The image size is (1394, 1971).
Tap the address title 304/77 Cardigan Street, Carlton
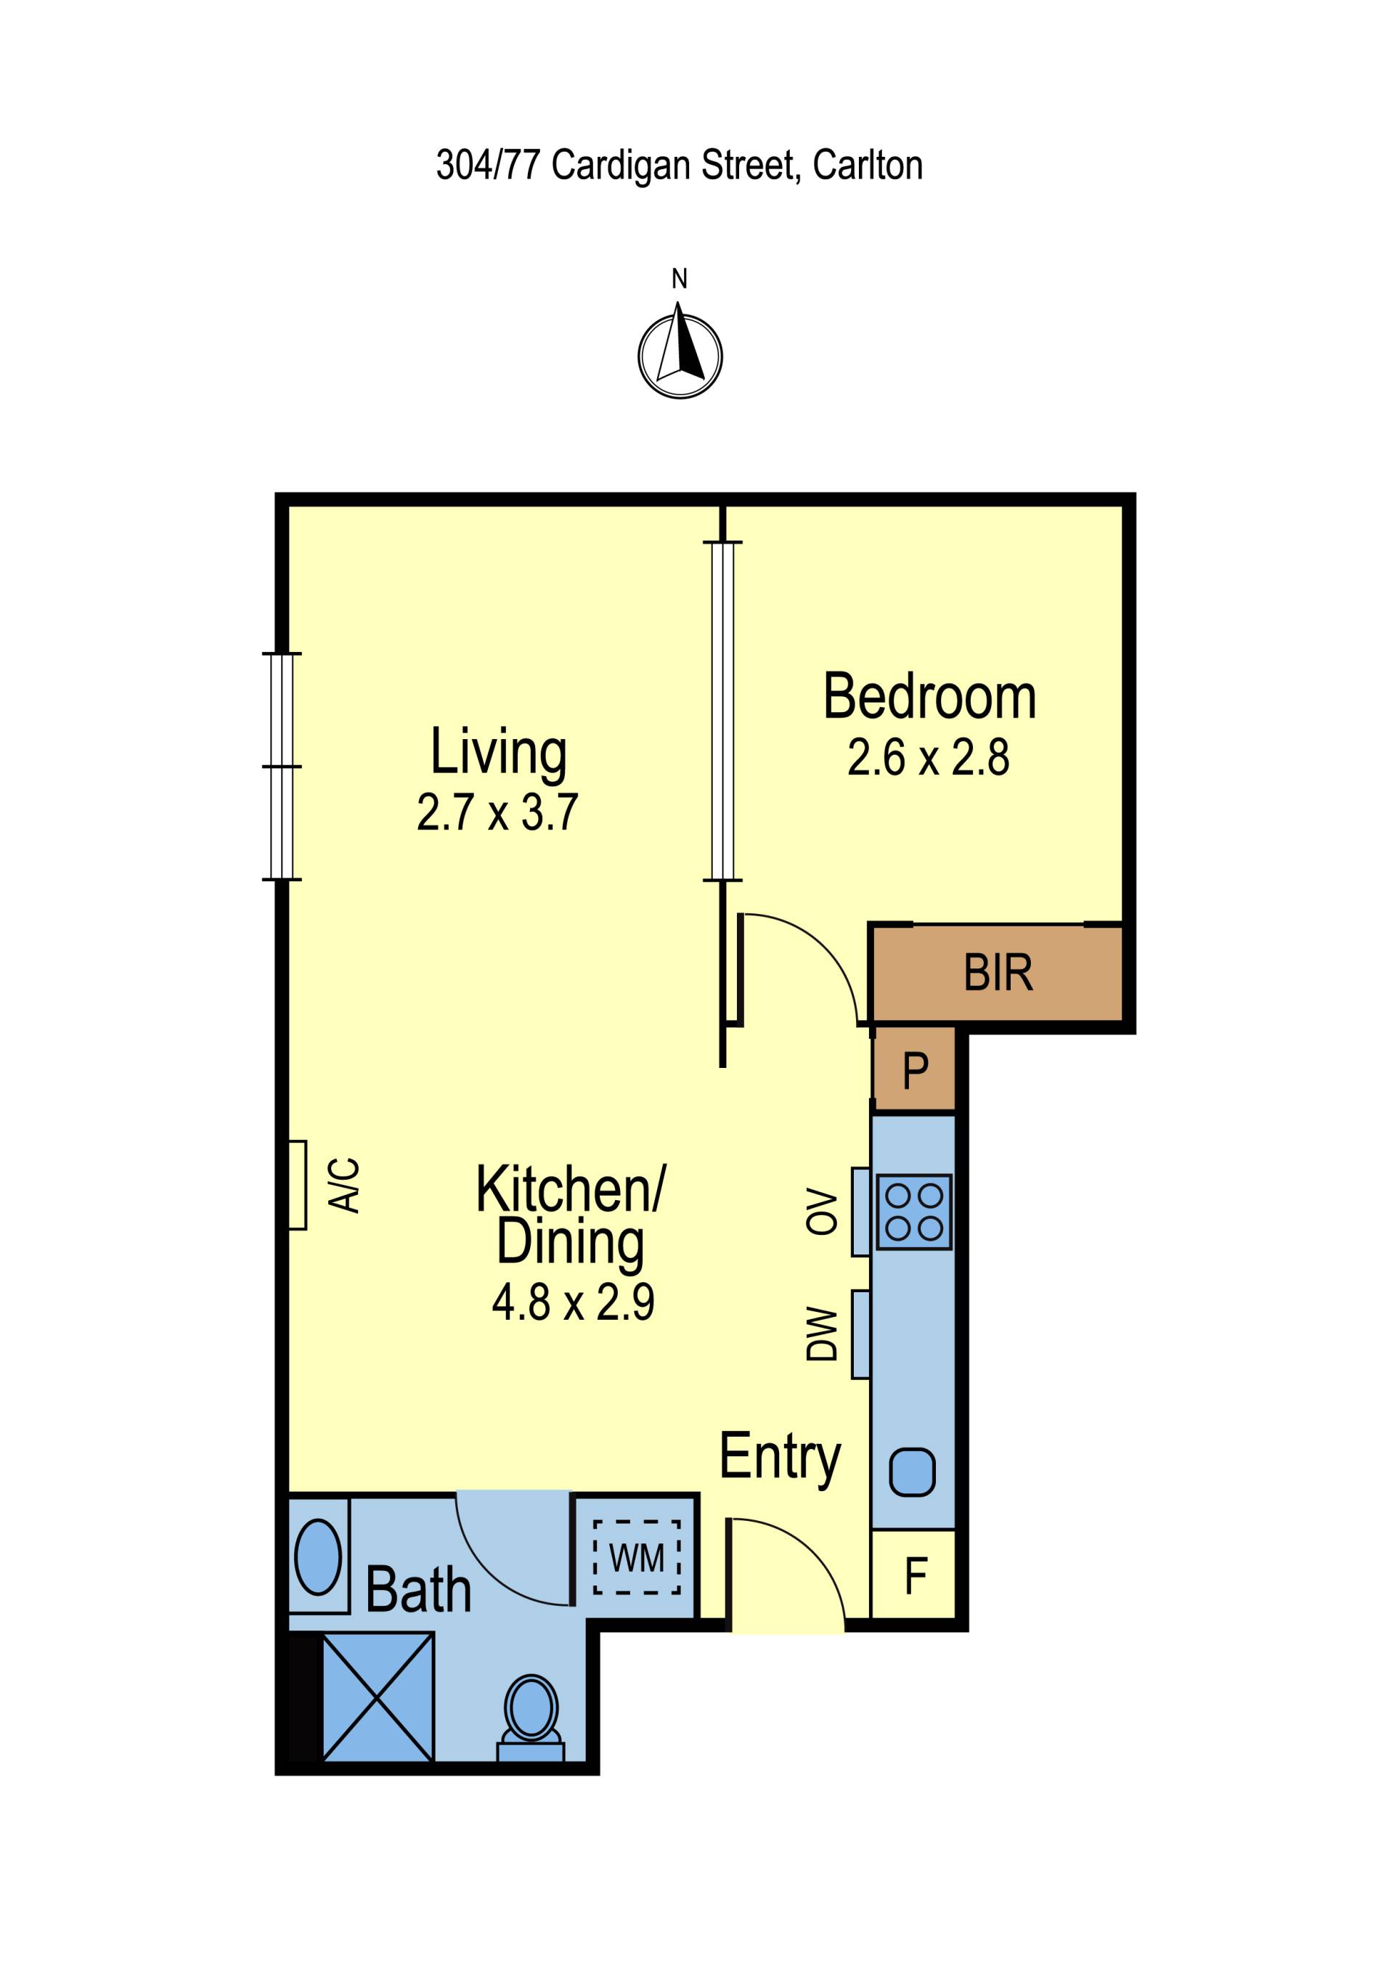coord(679,165)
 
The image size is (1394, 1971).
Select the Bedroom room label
coord(929,696)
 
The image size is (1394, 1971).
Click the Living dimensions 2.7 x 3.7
coord(498,812)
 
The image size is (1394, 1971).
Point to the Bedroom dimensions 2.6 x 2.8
coord(928,758)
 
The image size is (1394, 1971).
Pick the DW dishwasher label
coord(821,1334)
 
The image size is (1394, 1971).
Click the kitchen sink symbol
coord(912,1472)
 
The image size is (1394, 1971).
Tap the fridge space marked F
coord(914,1575)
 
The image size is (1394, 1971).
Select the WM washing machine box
coord(636,1557)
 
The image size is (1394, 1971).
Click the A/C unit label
coord(345,1186)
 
